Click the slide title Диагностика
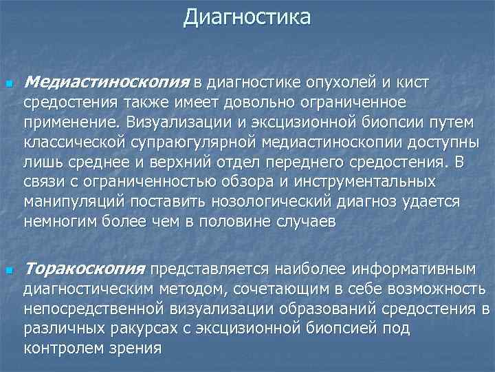[x=247, y=17]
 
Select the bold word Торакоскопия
[x=85, y=267]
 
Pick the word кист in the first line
[x=412, y=83]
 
